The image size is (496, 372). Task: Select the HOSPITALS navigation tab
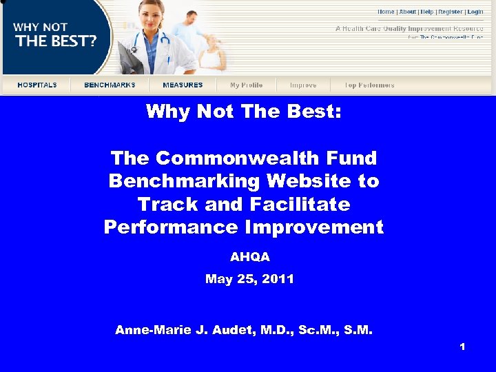point(37,85)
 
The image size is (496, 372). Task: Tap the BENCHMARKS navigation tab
point(110,85)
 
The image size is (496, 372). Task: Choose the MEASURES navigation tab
point(183,85)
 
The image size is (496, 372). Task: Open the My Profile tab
point(246,85)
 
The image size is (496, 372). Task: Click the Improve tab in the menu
point(303,85)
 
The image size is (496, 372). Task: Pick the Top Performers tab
point(369,85)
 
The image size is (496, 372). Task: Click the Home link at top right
point(386,12)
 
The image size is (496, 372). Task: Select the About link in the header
point(407,12)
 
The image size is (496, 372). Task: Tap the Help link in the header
point(427,12)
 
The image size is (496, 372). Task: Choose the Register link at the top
point(451,12)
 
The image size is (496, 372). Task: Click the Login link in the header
point(475,12)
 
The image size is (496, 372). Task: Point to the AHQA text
point(249,257)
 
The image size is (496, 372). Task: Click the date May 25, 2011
point(249,279)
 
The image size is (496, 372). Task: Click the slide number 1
point(462,347)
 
